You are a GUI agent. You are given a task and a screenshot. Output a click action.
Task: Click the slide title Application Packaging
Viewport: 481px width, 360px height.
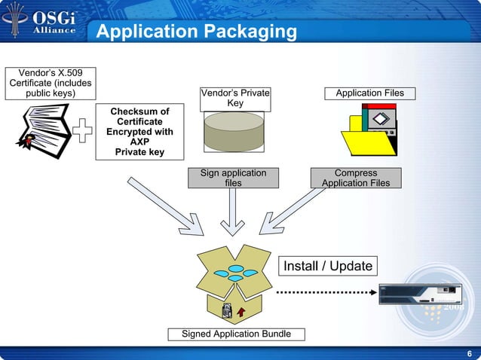[x=198, y=32]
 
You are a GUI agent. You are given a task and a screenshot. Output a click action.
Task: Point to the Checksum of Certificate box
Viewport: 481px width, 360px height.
[x=139, y=132]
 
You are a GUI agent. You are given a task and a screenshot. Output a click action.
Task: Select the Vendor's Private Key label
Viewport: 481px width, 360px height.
[x=234, y=98]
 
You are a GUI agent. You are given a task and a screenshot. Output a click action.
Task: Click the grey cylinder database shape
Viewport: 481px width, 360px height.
[x=234, y=132]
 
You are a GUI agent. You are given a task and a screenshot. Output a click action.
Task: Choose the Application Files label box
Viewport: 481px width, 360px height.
[x=369, y=93]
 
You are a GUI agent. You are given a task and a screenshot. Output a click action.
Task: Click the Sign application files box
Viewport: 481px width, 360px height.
[x=233, y=178]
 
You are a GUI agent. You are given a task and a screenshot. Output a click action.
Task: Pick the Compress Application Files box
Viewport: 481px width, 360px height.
[x=355, y=178]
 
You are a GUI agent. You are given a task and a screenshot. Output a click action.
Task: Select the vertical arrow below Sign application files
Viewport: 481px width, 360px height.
[x=234, y=211]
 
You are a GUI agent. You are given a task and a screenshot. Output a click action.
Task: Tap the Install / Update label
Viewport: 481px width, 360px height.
[x=327, y=267]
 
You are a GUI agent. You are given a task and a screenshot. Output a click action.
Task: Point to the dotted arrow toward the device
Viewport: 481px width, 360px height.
[x=324, y=291]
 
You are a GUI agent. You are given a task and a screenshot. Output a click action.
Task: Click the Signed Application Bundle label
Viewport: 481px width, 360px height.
[x=236, y=334]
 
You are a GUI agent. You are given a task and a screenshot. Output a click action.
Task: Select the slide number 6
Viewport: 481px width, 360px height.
[x=470, y=354]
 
